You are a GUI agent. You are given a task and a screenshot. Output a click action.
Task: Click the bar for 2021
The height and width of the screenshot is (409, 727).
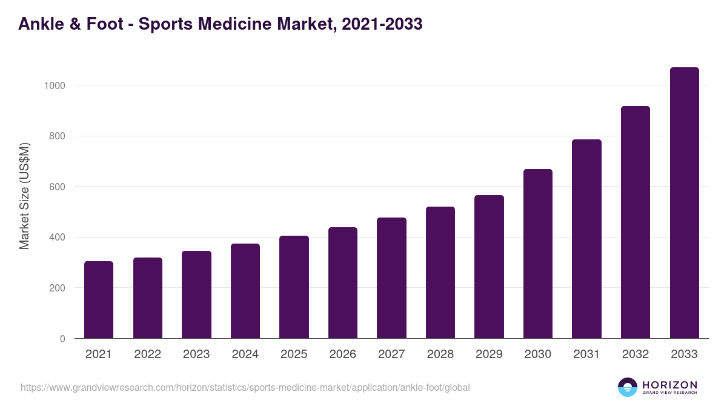click(x=99, y=300)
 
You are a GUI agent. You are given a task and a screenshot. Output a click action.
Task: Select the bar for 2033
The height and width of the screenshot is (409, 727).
click(x=684, y=203)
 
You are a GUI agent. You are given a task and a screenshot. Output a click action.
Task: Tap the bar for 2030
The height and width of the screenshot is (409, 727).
click(x=538, y=254)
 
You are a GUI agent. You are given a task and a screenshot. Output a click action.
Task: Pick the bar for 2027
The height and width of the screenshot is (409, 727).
click(x=391, y=278)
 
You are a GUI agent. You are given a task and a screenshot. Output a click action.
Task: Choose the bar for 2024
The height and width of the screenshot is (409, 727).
click(x=245, y=291)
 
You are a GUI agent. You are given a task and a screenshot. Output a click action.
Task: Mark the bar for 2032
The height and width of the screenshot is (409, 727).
click(x=636, y=222)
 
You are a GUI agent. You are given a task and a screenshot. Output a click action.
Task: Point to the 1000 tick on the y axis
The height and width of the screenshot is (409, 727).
click(x=55, y=85)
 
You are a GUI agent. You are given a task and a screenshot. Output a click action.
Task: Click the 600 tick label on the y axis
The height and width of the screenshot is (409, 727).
click(x=57, y=187)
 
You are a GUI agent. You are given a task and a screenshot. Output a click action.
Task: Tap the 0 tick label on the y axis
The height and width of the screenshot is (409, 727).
click(x=62, y=339)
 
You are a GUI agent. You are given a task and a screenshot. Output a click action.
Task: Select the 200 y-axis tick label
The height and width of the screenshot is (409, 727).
click(x=57, y=288)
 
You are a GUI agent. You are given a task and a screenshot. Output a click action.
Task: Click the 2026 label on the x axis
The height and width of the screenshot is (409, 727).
click(x=343, y=354)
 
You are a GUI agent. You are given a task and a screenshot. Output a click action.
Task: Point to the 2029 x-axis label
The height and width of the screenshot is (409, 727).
click(x=489, y=354)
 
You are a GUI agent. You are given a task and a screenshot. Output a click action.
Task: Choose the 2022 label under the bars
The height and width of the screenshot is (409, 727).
click(x=148, y=354)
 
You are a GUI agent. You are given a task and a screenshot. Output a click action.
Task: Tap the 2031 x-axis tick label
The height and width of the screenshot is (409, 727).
click(x=586, y=354)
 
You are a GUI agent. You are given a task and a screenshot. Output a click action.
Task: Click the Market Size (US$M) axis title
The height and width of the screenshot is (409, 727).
click(x=25, y=196)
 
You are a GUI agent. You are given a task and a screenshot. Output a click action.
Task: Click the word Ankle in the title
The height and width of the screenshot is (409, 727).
click(x=41, y=24)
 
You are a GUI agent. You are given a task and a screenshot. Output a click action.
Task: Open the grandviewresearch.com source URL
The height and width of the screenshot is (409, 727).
click(x=245, y=387)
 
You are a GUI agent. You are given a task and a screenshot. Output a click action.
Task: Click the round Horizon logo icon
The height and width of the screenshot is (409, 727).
click(x=628, y=387)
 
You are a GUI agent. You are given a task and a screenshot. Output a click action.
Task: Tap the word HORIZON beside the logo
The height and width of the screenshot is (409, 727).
click(x=669, y=385)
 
